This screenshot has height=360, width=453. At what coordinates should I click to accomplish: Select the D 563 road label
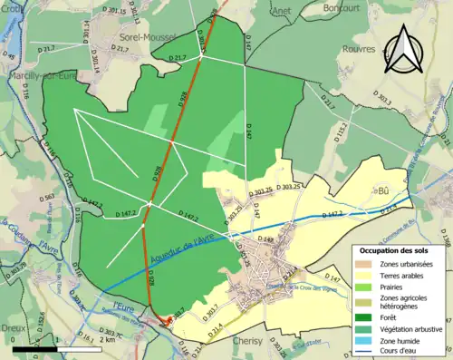pos(48,196)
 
